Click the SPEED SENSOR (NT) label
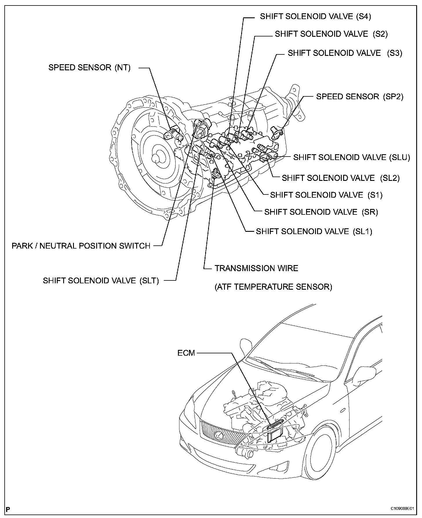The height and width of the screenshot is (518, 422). pos(89,68)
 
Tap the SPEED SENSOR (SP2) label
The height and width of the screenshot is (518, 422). pos(359,97)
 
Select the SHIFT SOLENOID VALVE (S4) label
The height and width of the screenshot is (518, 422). pos(315,16)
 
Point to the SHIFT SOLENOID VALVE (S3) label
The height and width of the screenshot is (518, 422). pos(345,53)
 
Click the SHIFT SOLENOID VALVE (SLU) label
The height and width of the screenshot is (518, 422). pos(352,157)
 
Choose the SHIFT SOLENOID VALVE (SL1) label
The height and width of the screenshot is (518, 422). pos(314,232)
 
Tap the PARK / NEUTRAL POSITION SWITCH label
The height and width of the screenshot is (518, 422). pos(81,246)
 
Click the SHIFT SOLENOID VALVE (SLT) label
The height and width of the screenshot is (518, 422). pos(101,281)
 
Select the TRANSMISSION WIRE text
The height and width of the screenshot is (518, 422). pos(256,268)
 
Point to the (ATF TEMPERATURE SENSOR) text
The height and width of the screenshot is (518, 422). pos(273,287)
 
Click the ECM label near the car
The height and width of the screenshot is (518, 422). pos(186,353)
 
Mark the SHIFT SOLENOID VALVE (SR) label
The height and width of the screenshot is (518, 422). pos(321,212)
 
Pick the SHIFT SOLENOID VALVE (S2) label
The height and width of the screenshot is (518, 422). pos(331,34)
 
